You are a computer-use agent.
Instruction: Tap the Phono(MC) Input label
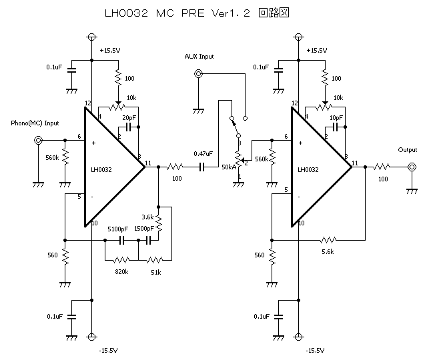[35, 123]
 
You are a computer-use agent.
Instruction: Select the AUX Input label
[199, 57]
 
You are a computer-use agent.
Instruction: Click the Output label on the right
[407, 150]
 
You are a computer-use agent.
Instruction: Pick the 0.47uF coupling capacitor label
[203, 153]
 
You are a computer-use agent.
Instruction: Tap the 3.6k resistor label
[148, 217]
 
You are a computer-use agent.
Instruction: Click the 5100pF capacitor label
[118, 229]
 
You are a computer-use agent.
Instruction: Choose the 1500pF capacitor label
[144, 229]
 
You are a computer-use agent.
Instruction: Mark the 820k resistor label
[121, 272]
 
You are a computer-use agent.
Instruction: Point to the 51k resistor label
[155, 272]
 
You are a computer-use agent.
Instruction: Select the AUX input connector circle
[198, 75]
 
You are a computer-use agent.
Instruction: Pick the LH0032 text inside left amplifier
[101, 169]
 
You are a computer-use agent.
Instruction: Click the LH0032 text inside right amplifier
[308, 169]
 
